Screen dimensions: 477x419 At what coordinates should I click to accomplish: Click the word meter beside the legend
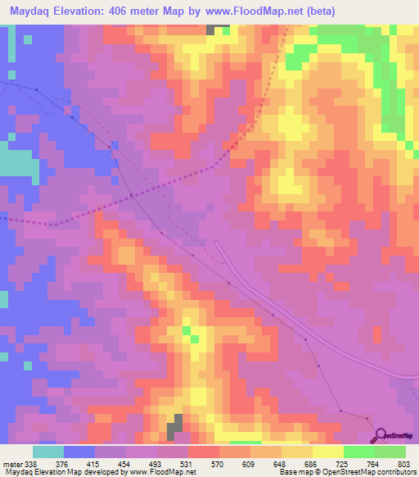11,463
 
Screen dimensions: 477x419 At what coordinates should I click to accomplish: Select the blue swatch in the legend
79,452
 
